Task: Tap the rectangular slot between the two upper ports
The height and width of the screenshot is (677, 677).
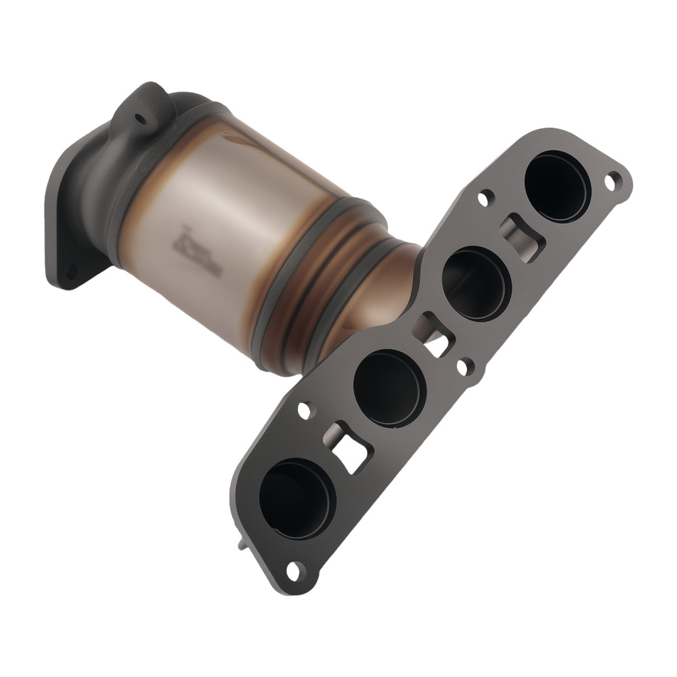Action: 523,237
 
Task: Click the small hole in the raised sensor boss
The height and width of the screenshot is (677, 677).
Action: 141,119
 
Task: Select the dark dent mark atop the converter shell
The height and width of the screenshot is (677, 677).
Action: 237,140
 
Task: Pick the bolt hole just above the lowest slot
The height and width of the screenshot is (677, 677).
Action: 304,410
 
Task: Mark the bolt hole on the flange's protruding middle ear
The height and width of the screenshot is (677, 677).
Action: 463,368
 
